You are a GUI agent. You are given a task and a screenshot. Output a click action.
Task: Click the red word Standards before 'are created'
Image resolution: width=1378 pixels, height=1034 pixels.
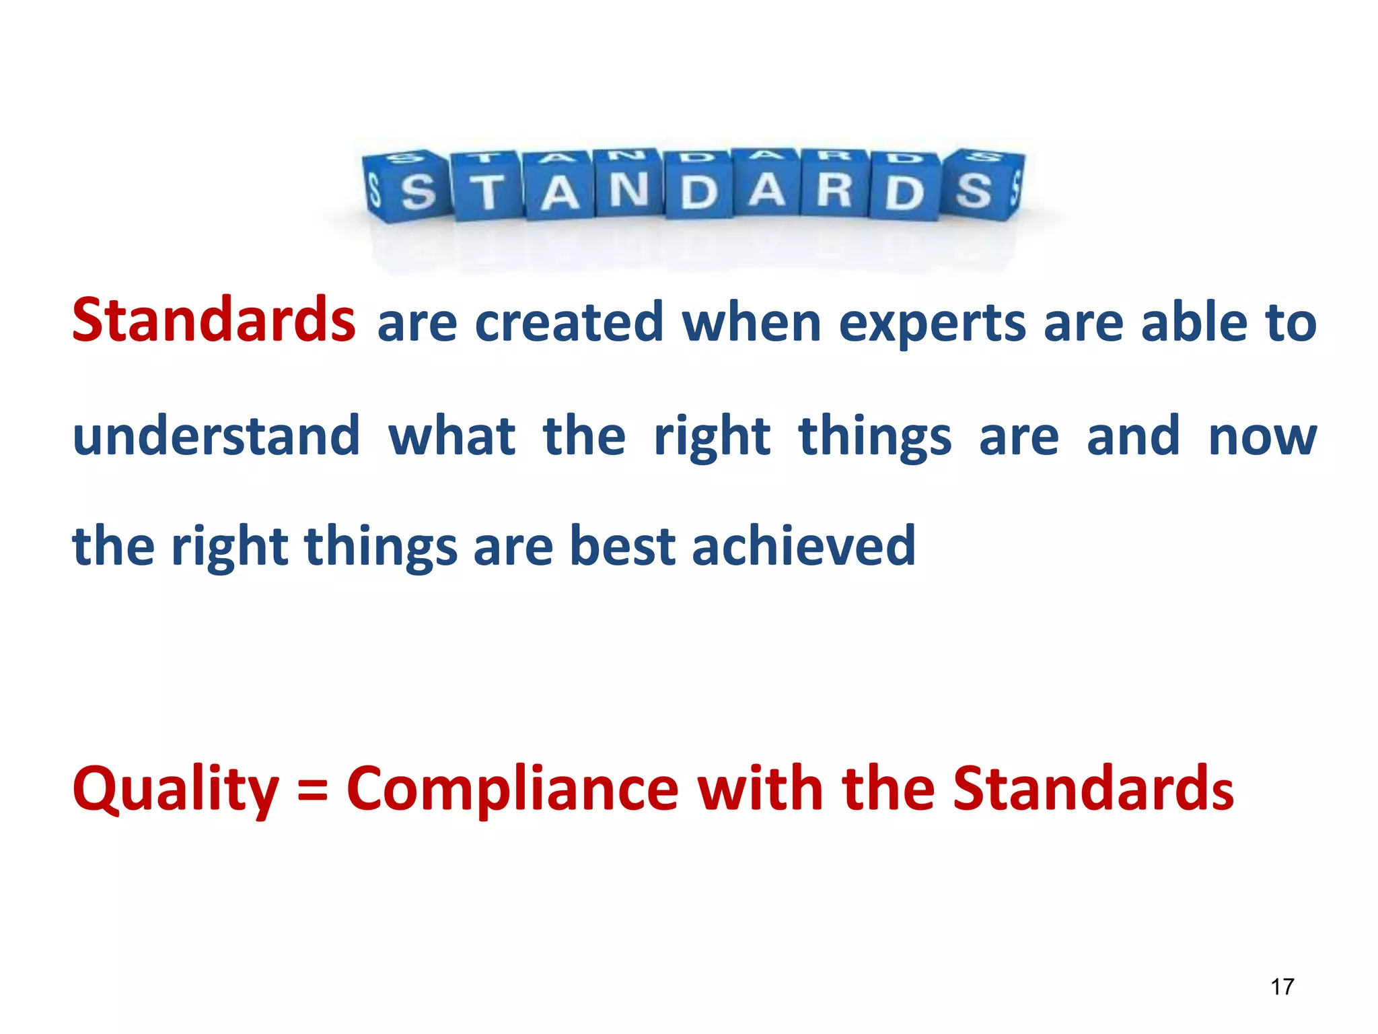click(x=213, y=320)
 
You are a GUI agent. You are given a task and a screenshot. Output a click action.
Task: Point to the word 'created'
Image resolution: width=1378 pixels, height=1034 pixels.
click(x=569, y=322)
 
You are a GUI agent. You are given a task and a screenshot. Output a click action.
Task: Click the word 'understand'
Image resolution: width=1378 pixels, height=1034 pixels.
click(x=216, y=436)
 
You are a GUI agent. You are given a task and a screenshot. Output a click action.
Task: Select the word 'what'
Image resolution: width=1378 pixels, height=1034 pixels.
click(x=452, y=436)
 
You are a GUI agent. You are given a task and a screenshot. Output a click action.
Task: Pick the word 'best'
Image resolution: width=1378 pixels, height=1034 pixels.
click(x=622, y=546)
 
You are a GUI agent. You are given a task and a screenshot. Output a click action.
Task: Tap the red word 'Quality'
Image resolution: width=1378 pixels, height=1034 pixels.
click(x=176, y=790)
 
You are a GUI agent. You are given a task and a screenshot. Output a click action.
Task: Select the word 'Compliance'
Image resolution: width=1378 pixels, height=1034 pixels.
click(x=512, y=789)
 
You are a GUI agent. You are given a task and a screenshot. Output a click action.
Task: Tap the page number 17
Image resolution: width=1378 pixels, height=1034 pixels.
click(x=1282, y=987)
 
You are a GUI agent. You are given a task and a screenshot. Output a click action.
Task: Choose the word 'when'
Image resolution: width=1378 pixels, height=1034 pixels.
click(x=752, y=322)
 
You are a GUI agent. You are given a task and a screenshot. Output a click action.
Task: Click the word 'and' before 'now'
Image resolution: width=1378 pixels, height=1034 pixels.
click(x=1133, y=436)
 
